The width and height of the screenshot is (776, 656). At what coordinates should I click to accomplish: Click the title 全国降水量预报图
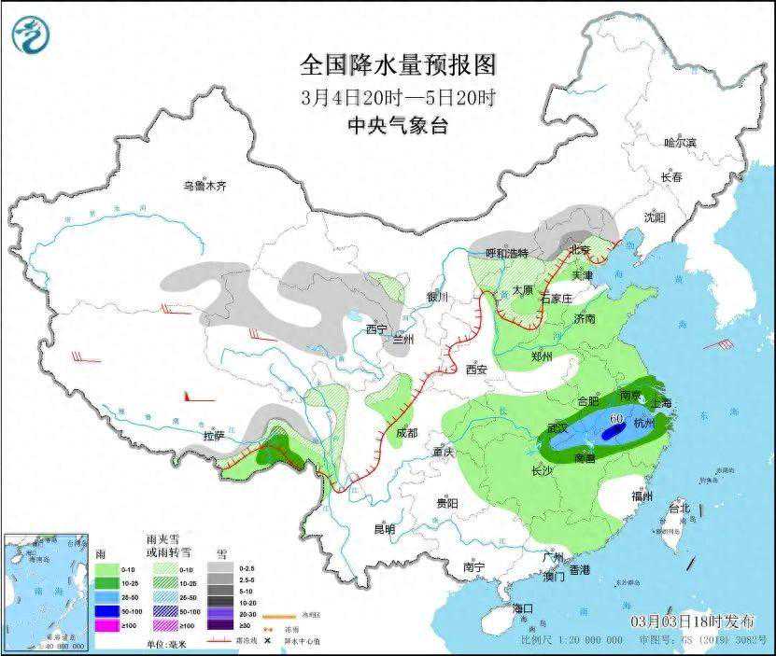point(397,65)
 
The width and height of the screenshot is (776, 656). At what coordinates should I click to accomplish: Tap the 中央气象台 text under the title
point(398,126)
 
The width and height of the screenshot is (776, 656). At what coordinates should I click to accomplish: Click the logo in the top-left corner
point(30,35)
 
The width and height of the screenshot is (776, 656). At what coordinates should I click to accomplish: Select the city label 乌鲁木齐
point(205,186)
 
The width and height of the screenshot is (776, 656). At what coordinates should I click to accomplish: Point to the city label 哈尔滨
point(680,142)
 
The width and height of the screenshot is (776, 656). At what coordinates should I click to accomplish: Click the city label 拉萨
point(214,435)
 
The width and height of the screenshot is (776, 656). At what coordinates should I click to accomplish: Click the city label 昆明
point(384,529)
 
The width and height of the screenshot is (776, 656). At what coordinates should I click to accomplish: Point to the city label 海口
point(523,608)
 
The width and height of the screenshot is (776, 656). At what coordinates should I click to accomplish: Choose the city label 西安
point(476,370)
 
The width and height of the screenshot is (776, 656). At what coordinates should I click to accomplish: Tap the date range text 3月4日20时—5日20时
point(398,97)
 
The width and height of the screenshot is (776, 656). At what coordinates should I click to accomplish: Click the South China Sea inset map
point(46,592)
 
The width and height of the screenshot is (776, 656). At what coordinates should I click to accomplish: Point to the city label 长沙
point(542,470)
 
